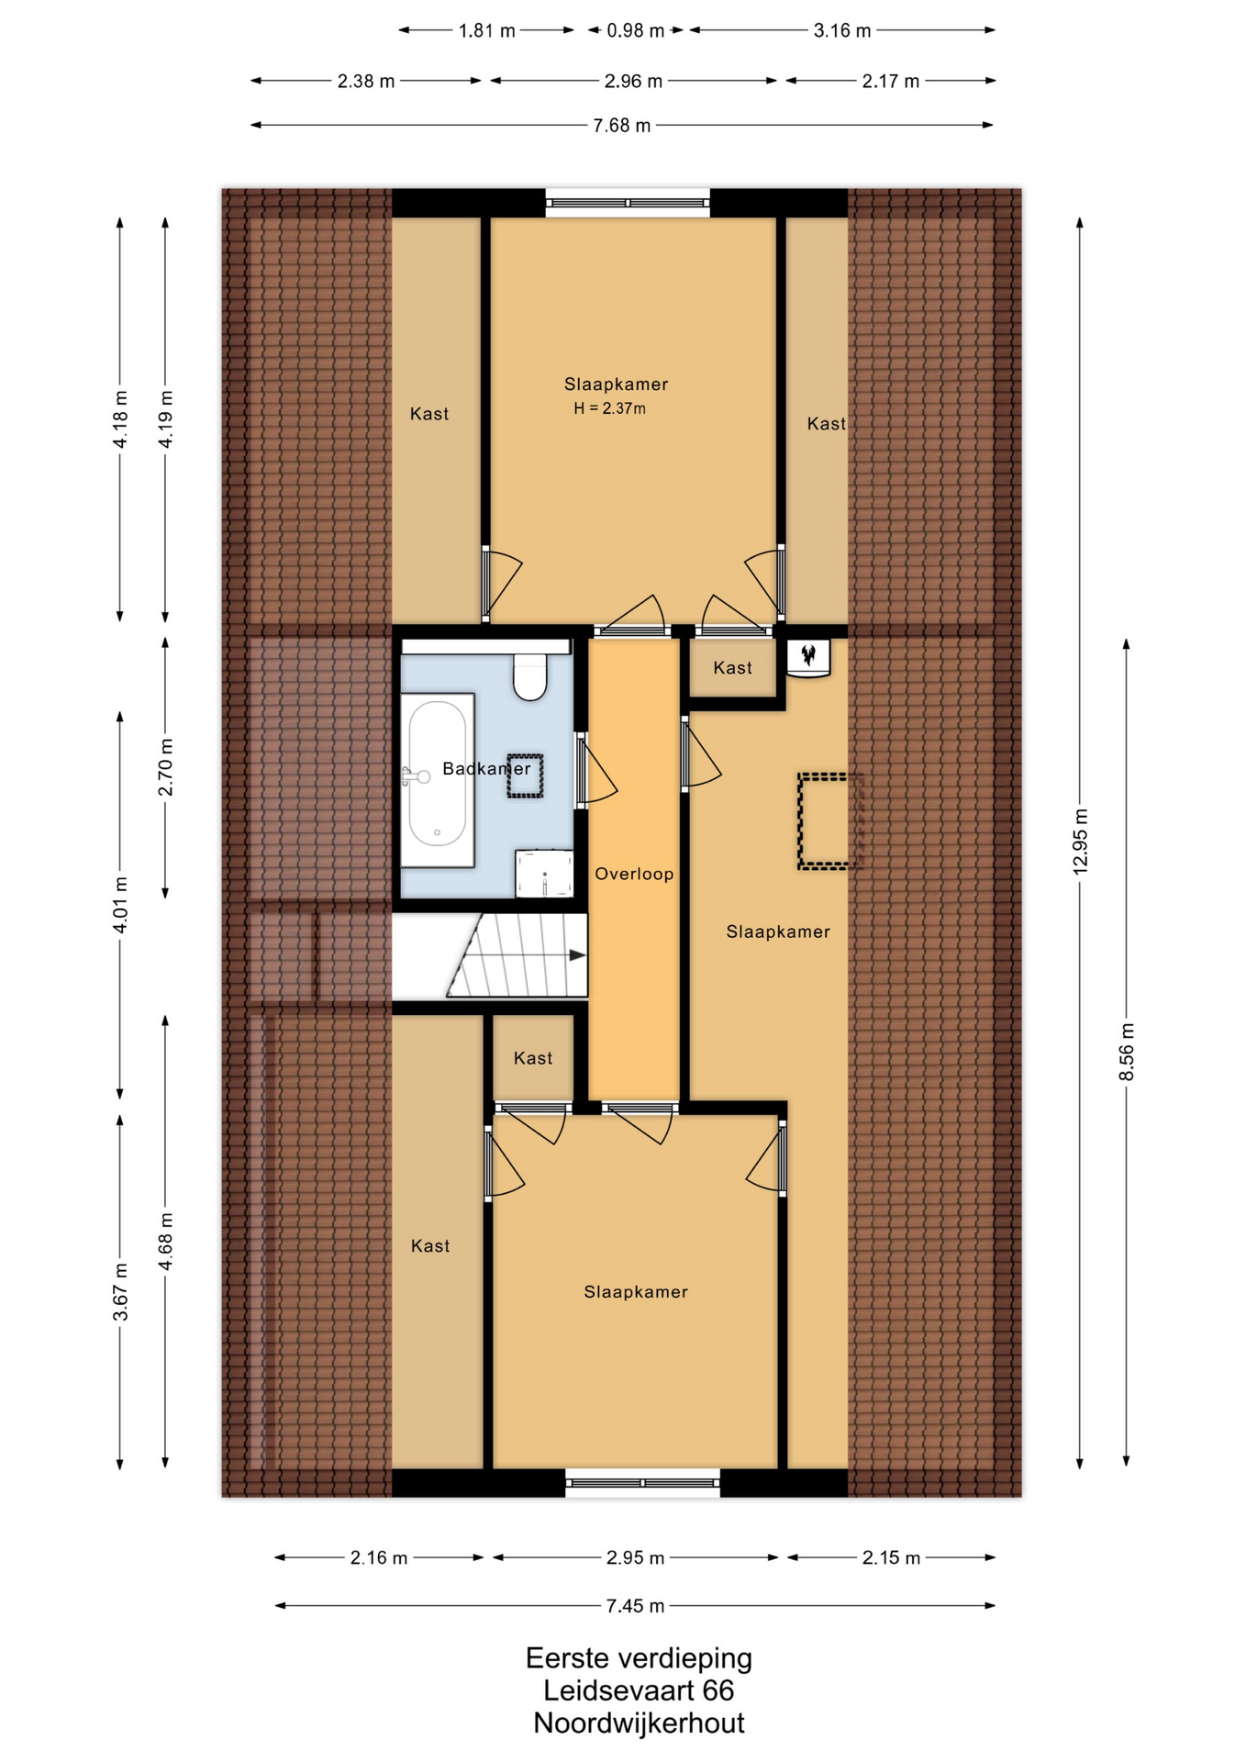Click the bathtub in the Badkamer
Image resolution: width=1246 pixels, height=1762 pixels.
point(438,779)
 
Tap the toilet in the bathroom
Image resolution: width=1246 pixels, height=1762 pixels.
point(530,676)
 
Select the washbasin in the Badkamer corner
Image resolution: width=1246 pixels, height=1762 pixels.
point(544,873)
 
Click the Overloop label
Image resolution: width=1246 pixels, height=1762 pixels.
point(634,874)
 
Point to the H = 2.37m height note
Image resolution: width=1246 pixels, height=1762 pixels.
point(610,408)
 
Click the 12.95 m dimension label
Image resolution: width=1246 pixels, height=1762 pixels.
point(1080,841)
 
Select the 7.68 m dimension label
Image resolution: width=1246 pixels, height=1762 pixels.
point(622,125)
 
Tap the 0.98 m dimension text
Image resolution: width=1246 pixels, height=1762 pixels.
point(636,30)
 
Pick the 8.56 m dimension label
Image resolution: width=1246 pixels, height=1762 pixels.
point(1127,1052)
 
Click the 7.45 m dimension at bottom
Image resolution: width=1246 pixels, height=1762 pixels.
point(635,1606)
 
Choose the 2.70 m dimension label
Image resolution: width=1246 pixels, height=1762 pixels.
point(165,767)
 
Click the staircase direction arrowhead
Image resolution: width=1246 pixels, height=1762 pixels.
point(577,955)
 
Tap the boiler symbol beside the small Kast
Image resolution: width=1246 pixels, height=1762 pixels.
point(808,657)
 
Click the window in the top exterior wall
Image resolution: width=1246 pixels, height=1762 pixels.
point(628,203)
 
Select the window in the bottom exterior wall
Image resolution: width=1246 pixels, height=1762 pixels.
point(642,1482)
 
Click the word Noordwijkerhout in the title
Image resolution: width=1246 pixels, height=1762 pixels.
point(639,1723)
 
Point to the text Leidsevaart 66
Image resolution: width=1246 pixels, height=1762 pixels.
point(639,1690)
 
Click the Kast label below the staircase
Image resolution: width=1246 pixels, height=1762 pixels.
point(533,1058)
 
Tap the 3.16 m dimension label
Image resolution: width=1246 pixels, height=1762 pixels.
point(842,30)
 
